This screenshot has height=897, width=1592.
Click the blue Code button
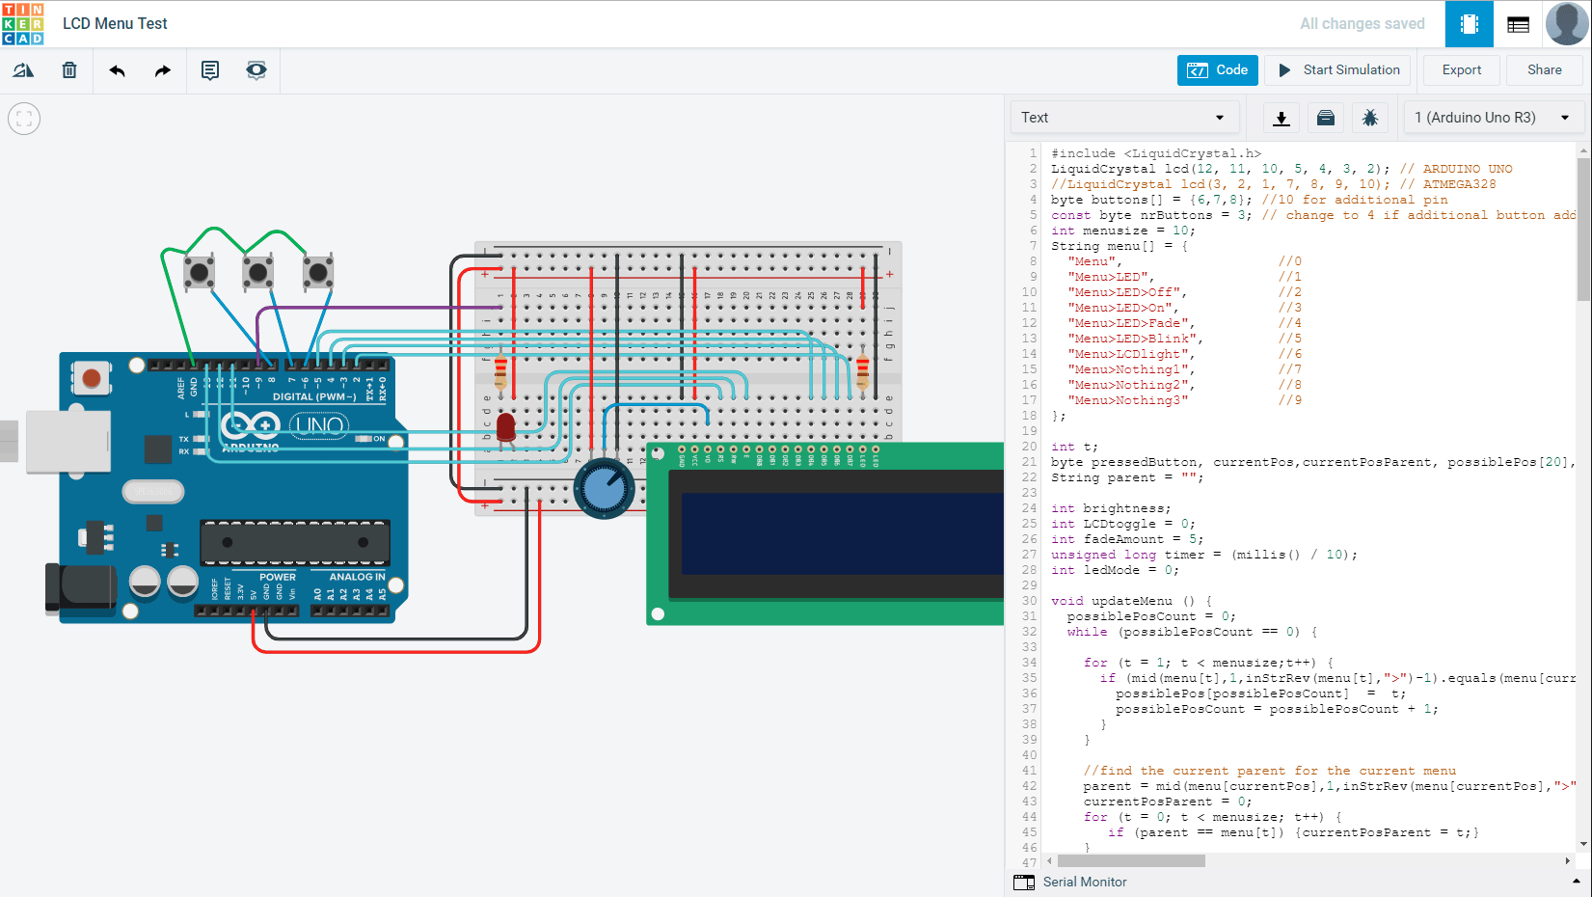(x=1217, y=70)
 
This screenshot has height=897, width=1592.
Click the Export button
(x=1461, y=70)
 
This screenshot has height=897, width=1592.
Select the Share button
(x=1543, y=70)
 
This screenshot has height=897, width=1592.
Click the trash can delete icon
(x=69, y=70)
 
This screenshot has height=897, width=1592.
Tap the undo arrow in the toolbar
(x=117, y=70)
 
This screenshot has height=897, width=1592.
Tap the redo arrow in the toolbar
(x=162, y=70)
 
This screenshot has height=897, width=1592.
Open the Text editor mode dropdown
(x=1122, y=118)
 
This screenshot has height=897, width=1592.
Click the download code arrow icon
(x=1281, y=118)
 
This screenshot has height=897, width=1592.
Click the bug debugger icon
(x=1369, y=118)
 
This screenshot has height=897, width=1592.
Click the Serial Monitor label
(x=1084, y=882)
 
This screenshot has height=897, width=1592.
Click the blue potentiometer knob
(x=604, y=489)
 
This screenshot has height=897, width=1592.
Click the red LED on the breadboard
(x=505, y=425)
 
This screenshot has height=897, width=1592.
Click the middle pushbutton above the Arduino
(x=257, y=273)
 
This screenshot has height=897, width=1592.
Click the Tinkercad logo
(x=23, y=24)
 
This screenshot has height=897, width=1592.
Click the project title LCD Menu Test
(x=115, y=24)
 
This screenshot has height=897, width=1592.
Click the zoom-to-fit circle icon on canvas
(x=24, y=119)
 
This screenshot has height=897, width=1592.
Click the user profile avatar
(x=1566, y=24)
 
